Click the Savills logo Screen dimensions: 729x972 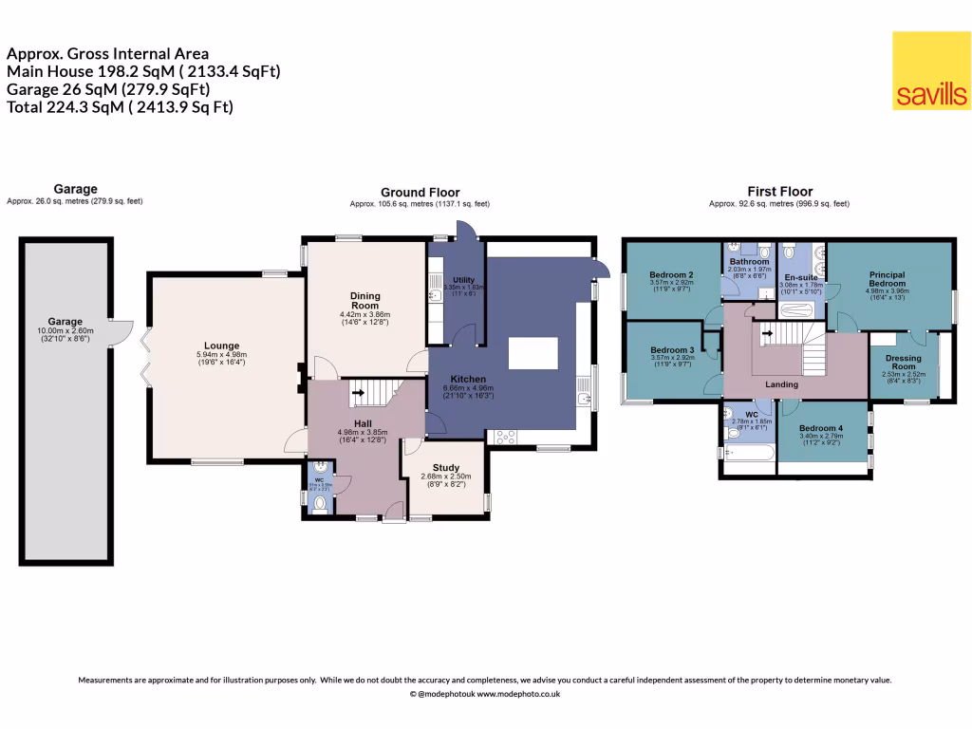(931, 71)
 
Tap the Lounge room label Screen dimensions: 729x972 (221, 346)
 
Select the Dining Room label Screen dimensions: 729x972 (365, 301)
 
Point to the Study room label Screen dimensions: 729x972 (445, 467)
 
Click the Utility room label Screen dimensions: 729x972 (463, 280)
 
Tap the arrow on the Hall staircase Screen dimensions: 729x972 (357, 390)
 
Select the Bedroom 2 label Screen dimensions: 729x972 (671, 275)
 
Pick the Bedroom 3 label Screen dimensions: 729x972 (671, 350)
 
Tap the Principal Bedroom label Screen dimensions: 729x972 (888, 279)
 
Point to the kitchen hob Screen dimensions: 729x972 (504, 438)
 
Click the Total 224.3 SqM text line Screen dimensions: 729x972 (120, 106)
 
